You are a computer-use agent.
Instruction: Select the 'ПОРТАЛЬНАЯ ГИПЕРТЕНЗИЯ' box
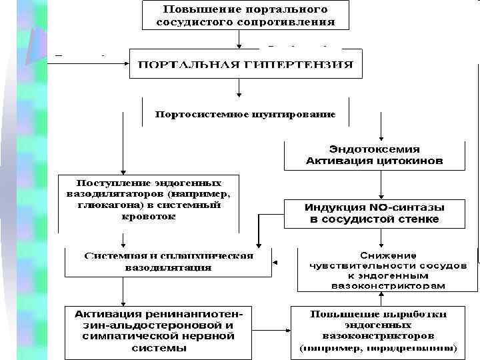tap(245, 65)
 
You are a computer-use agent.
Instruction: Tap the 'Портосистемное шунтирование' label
tap(245, 114)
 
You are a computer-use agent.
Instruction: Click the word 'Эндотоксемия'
tap(374, 149)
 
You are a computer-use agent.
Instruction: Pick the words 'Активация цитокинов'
tap(374, 161)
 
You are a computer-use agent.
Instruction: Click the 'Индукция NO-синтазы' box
tap(374, 213)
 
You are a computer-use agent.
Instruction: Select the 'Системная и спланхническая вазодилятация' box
tap(168, 261)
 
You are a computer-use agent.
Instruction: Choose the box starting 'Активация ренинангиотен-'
tap(159, 331)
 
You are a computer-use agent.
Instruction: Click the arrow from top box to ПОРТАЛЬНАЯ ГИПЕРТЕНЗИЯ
tap(239, 39)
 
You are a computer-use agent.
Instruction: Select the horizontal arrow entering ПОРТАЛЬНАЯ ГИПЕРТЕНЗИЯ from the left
tap(93, 63)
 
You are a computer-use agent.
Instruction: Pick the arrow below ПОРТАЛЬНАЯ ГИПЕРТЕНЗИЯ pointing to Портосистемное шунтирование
tap(239, 89)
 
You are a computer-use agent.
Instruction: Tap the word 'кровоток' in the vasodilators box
tap(151, 217)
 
